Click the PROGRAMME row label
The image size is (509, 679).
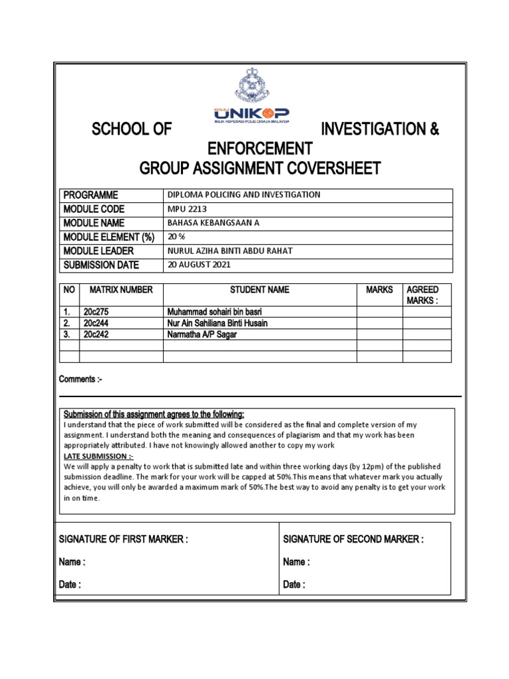91,195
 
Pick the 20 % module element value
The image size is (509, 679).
176,237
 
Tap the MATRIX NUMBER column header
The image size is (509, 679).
121,290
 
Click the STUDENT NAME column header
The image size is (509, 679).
259,290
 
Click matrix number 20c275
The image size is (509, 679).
96,312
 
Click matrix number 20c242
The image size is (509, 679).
96,335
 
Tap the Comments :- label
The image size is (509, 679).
81,379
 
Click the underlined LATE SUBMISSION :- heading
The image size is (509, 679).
98,457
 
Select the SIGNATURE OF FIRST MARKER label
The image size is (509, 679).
124,540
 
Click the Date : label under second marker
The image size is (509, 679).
294,585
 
